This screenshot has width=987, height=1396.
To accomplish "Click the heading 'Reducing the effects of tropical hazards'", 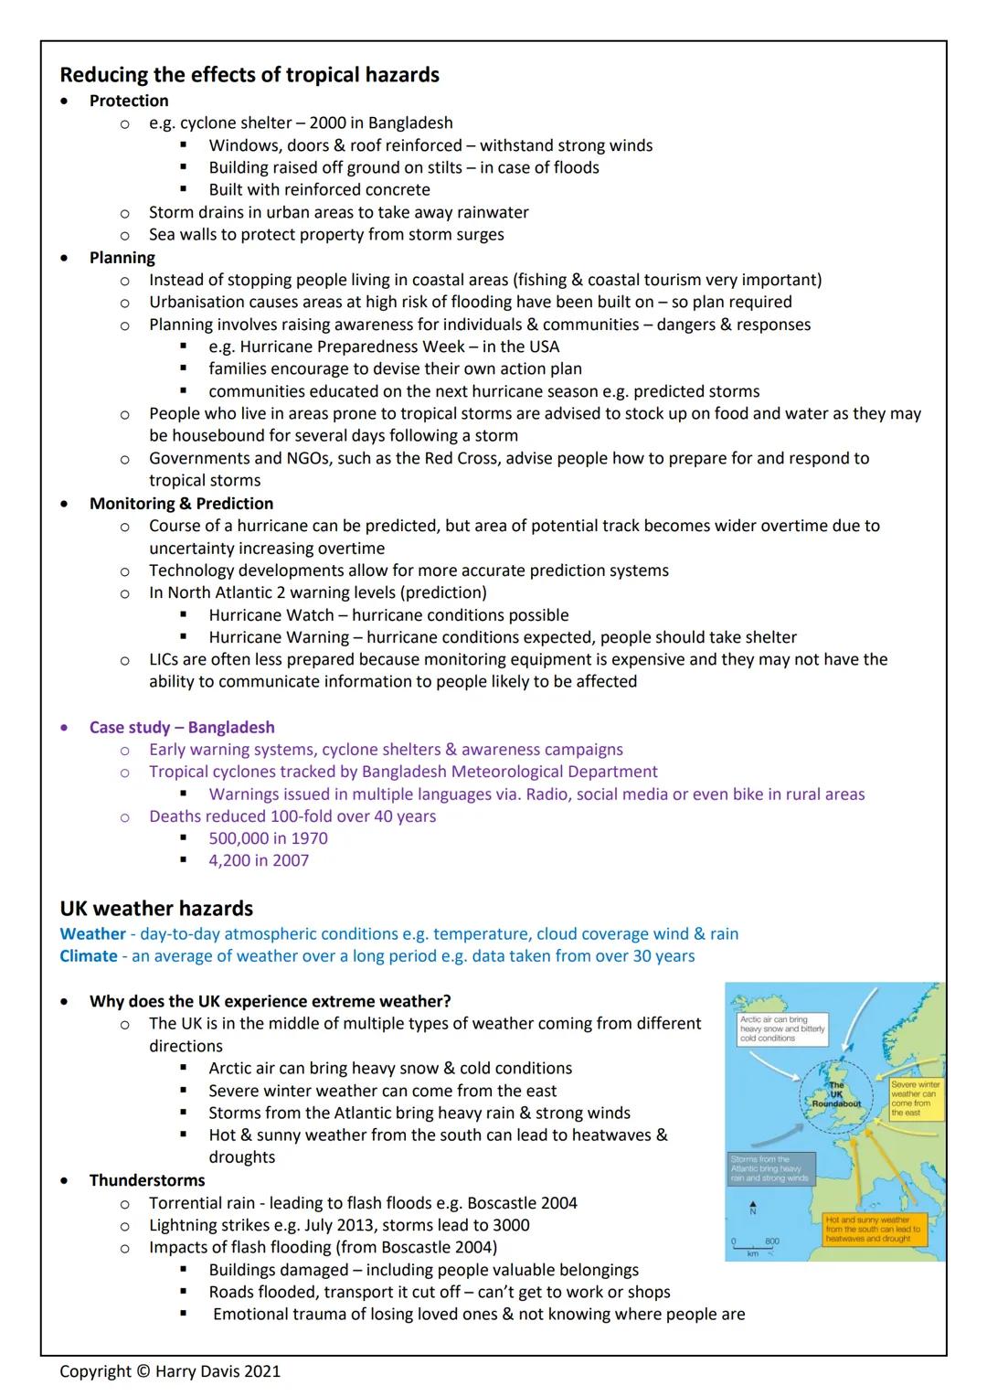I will [249, 75].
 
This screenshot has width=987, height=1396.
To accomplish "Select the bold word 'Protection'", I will [129, 101].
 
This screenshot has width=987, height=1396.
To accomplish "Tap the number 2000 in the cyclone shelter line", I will [327, 123].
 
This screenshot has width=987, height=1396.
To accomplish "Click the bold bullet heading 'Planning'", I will [122, 258].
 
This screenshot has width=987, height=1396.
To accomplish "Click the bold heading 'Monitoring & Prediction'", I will [181, 504].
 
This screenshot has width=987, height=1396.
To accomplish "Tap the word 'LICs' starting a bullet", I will [165, 659].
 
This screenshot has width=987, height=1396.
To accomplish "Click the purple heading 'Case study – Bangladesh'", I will [182, 728].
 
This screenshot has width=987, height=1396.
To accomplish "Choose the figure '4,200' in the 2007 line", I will [232, 860].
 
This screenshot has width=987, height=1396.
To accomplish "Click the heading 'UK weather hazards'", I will [156, 909].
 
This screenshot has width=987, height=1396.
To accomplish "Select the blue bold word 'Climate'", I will [89, 956].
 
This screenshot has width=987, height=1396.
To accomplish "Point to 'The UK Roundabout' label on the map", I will [836, 1095].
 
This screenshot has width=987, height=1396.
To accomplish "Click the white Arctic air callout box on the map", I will [782, 1028].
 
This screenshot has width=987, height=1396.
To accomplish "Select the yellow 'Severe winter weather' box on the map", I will [915, 1098].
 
